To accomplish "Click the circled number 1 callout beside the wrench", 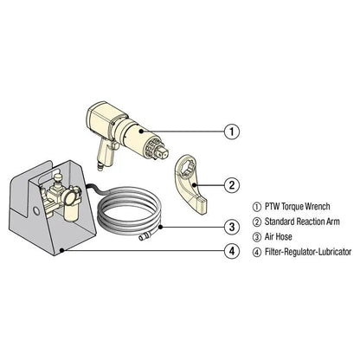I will pyautogui.click(x=231, y=132).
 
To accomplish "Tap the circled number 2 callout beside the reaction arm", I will pyautogui.click(x=231, y=183).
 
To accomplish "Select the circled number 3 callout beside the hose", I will pyautogui.click(x=231, y=227).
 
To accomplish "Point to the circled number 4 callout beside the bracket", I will pyautogui.click(x=231, y=252).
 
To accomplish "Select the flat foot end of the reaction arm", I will pyautogui.click(x=201, y=204).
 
